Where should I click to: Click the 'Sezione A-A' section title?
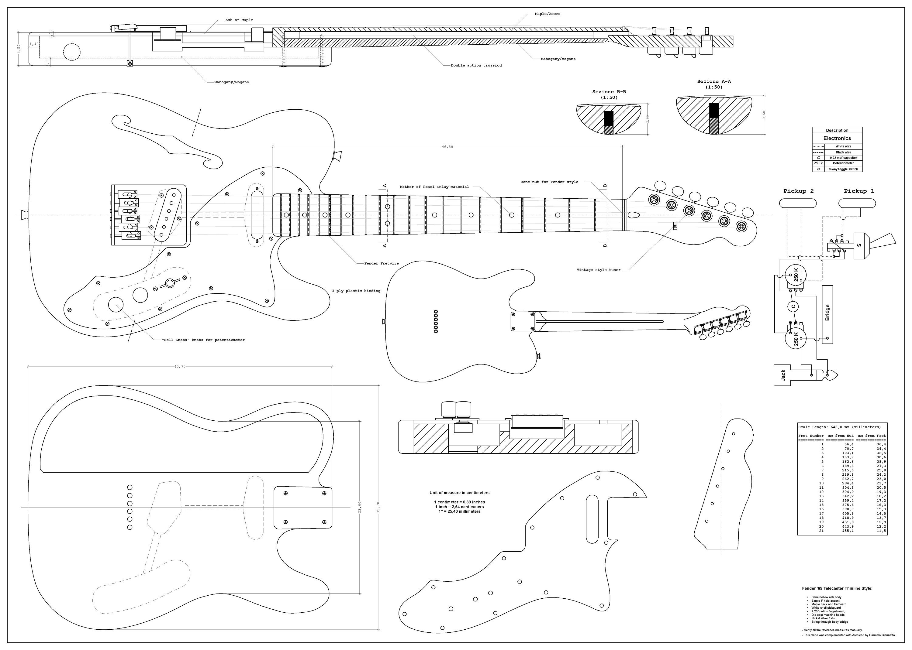point(714,82)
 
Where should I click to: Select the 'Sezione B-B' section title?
point(609,92)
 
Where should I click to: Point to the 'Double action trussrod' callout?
point(476,65)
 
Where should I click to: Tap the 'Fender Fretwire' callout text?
point(381,263)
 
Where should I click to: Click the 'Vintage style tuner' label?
point(598,270)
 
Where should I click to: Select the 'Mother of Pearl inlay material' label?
point(434,187)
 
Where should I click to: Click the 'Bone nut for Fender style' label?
point(549,182)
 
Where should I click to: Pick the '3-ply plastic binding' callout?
point(356,291)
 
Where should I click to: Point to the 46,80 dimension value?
point(447,147)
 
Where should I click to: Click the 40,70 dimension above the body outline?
point(180,366)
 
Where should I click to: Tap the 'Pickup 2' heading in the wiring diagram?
point(798,191)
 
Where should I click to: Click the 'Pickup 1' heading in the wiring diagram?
point(859,191)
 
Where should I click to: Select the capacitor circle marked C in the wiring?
point(793,306)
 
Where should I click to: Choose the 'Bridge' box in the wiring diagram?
point(827,314)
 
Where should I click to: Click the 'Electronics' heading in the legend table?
point(837,138)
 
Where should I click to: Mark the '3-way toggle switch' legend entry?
point(843,169)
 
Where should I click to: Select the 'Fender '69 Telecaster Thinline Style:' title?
point(837,588)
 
